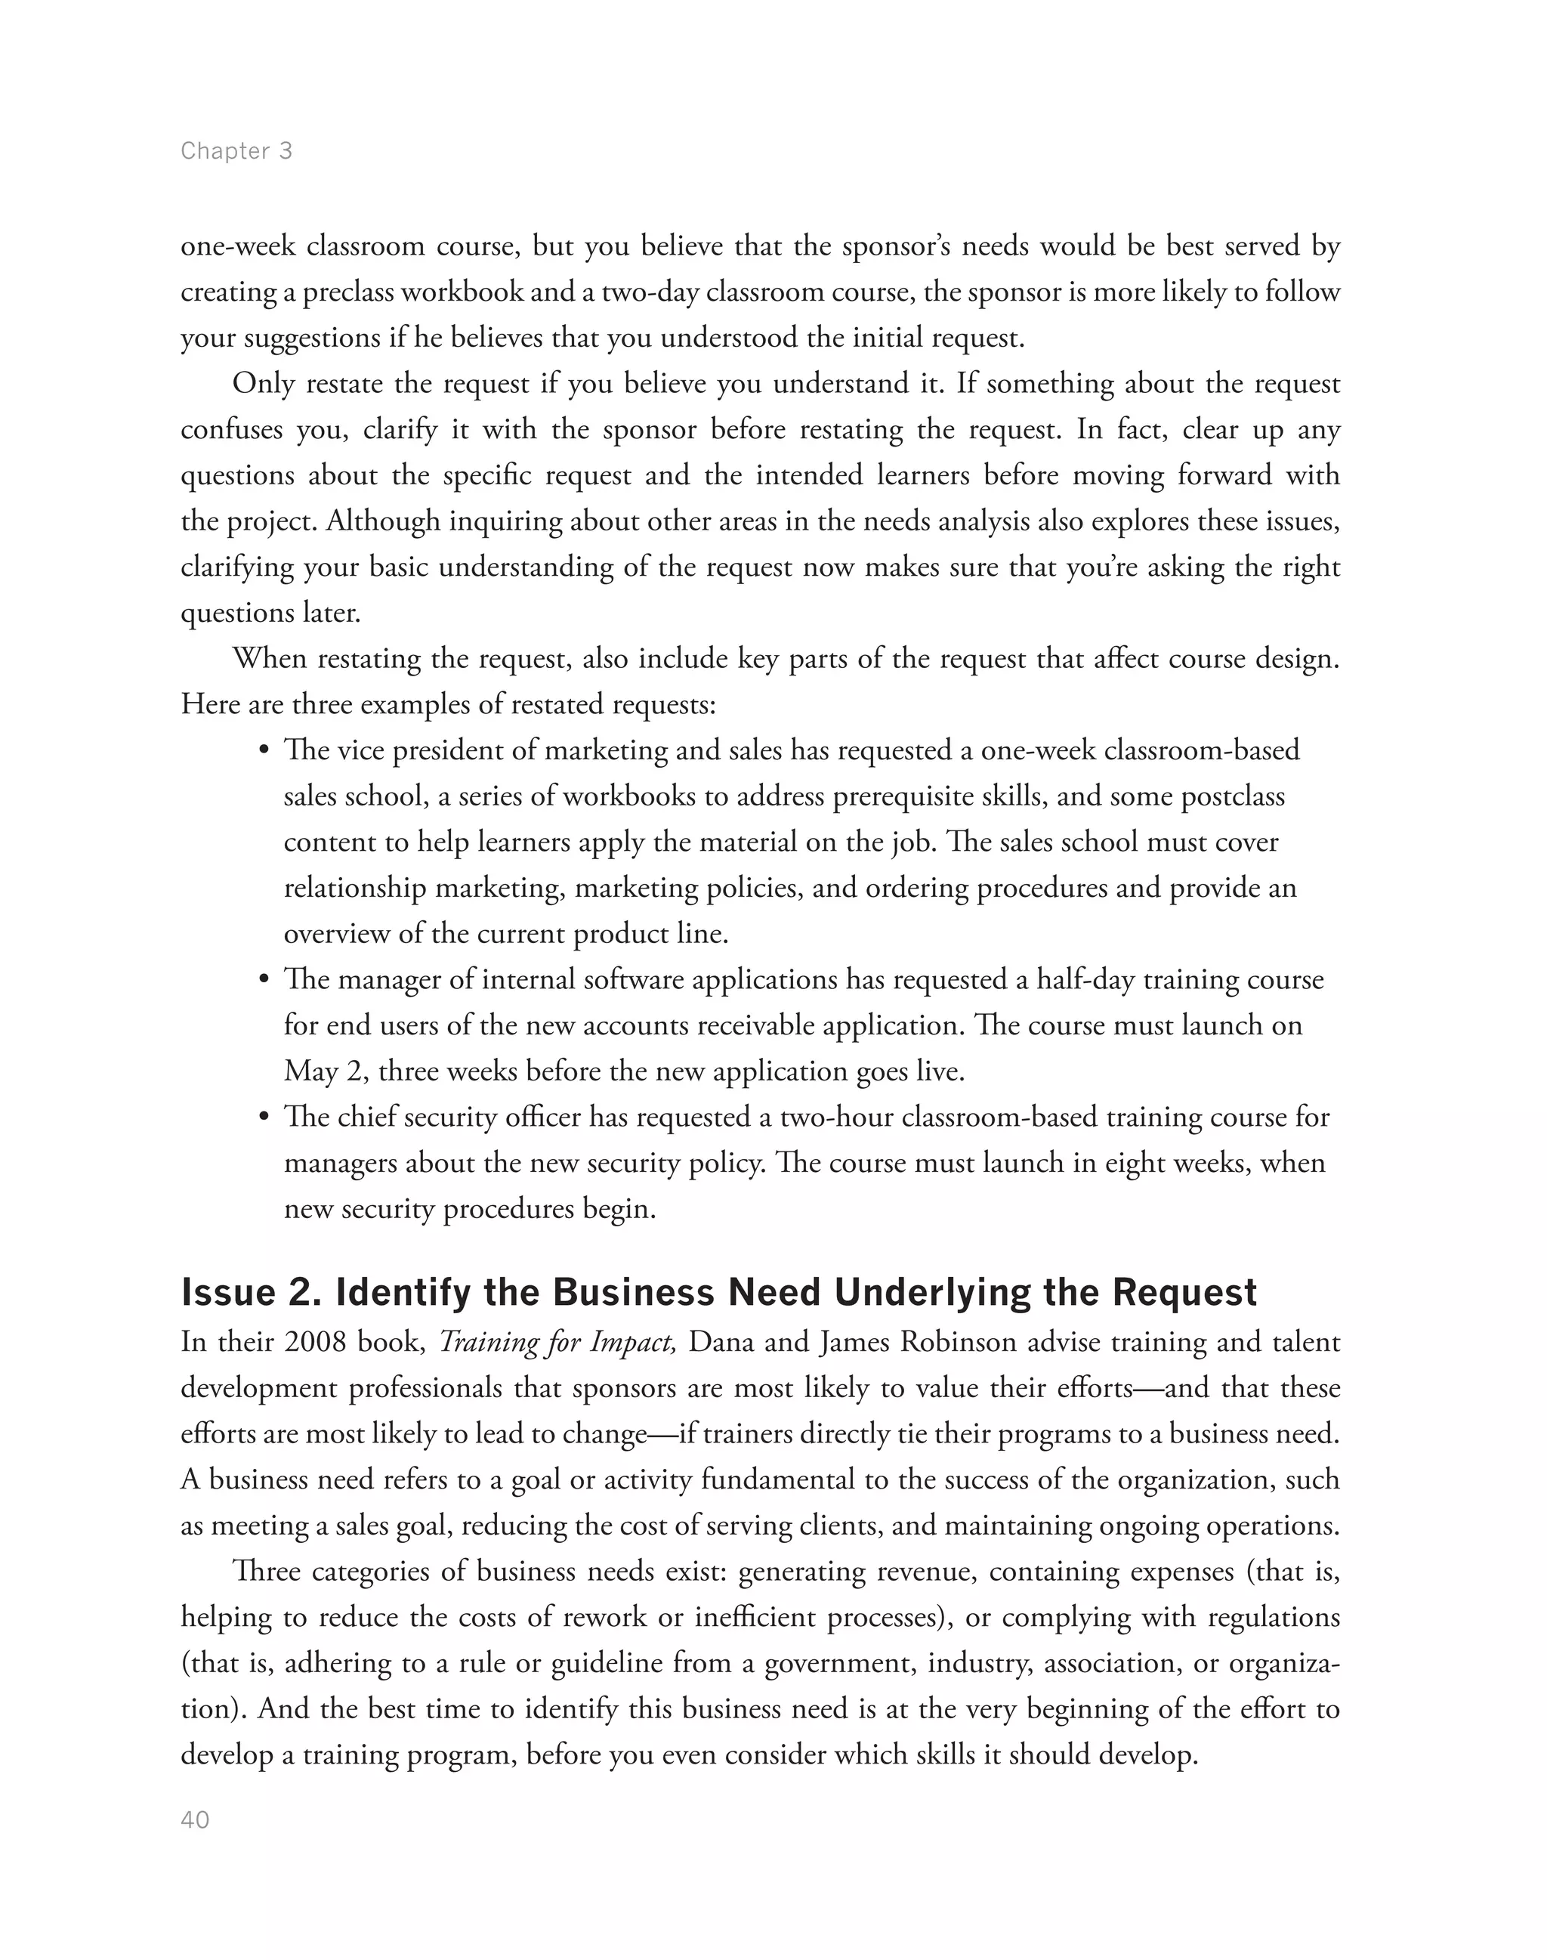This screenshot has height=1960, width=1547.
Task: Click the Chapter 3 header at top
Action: [236, 150]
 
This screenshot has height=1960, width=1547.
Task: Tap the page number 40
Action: [196, 1820]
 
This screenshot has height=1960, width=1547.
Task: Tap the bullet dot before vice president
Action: [264, 751]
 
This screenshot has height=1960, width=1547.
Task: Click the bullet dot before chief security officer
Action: [264, 1118]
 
